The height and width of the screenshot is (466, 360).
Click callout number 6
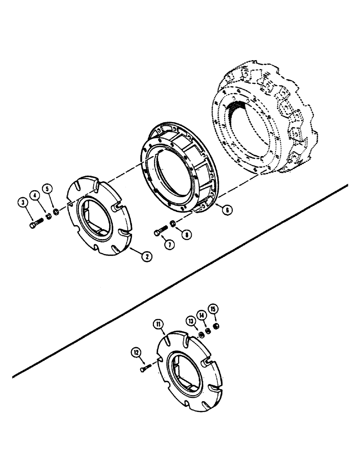coord(227,210)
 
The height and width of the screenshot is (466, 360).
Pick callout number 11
coord(158,322)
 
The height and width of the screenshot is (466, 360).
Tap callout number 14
coord(202,315)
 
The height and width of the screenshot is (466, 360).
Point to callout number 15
coord(213,309)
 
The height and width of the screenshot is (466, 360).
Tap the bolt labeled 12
coord(145,368)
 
